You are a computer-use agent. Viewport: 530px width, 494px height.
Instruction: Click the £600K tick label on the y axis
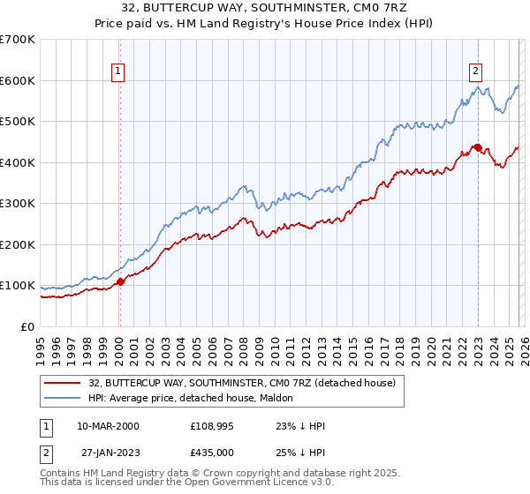pos(18,80)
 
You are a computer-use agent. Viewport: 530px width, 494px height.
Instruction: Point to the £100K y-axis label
pos(18,286)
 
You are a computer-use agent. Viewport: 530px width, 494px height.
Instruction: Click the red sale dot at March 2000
pos(121,282)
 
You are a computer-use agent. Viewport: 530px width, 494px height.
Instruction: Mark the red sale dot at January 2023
pos(478,147)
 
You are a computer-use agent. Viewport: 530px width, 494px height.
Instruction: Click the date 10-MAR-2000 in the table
pos(108,426)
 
